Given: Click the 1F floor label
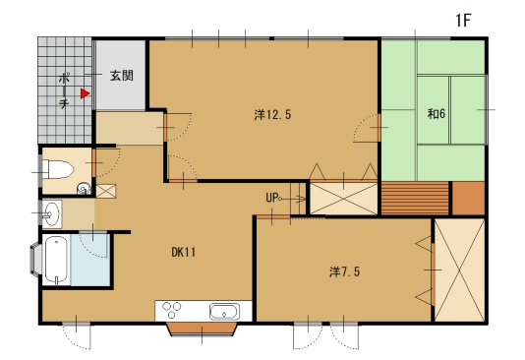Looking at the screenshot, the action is [x=463, y=21].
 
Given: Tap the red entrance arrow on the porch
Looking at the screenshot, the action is [x=85, y=93].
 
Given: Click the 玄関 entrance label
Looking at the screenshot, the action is [x=122, y=76].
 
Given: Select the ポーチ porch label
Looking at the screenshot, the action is [x=64, y=91].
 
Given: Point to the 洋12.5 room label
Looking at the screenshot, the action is [x=272, y=115].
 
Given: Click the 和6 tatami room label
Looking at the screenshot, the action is [x=437, y=114].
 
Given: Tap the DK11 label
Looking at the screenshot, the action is [x=184, y=252].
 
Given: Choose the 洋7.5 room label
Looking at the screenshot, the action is [x=344, y=271].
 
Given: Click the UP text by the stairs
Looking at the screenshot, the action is [x=272, y=198].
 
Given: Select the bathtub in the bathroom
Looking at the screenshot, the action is [x=56, y=260].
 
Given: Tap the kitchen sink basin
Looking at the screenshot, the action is [x=225, y=312].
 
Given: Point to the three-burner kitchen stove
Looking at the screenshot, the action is [x=172, y=310].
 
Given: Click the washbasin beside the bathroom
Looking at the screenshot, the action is [x=51, y=214].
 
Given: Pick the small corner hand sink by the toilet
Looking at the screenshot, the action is [x=84, y=189].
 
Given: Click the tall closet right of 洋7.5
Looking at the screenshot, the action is [x=459, y=270].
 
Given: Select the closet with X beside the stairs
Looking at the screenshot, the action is [x=343, y=199].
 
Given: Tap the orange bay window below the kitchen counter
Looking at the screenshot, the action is [x=202, y=329].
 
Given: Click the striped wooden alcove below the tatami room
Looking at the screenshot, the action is [x=415, y=198].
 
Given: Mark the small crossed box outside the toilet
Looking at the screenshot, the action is [x=106, y=191].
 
